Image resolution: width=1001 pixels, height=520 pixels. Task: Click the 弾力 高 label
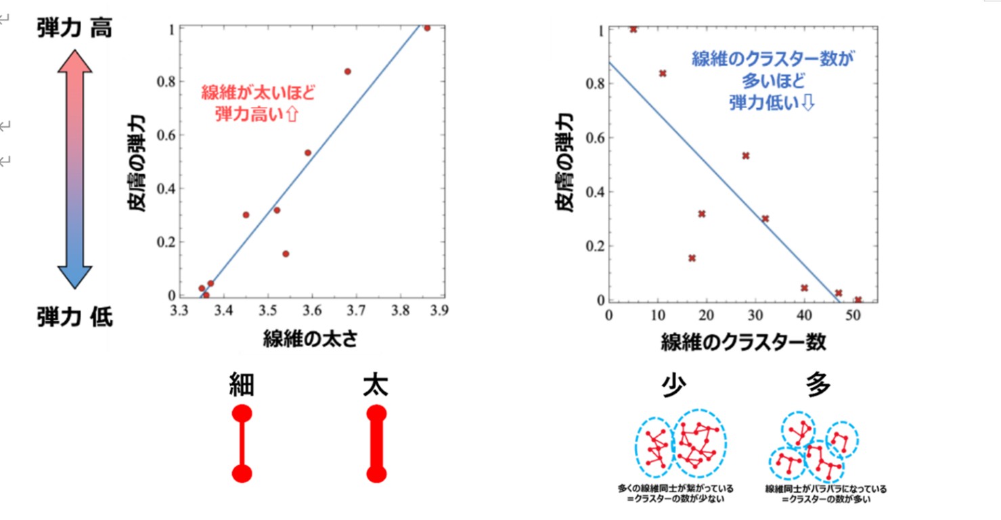tap(74, 28)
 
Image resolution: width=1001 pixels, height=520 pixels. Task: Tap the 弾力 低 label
tap(74, 317)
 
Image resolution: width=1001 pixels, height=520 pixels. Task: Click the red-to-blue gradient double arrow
tap(74, 169)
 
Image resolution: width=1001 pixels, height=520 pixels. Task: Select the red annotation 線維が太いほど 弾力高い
tap(258, 103)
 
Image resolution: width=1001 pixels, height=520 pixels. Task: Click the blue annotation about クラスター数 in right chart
tap(773, 80)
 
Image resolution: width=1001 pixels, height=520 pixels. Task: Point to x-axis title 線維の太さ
tap(311, 339)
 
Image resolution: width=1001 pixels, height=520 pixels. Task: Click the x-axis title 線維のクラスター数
tap(743, 342)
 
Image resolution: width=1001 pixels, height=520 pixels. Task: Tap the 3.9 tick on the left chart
tap(439, 310)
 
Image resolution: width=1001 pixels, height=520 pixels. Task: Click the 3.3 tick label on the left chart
tap(179, 310)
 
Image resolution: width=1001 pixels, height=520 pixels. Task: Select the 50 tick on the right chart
tap(853, 316)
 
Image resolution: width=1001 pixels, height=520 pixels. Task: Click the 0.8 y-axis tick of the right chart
tap(595, 83)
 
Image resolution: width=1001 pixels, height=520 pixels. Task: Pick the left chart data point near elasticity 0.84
tap(348, 72)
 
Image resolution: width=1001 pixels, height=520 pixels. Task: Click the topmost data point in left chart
tap(427, 28)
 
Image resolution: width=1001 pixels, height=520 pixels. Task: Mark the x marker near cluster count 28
tap(746, 156)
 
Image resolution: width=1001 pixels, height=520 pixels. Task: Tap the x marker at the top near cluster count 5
tap(633, 30)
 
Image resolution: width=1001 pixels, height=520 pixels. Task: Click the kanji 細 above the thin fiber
tap(242, 385)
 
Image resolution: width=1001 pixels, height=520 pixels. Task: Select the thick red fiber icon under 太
tap(376, 444)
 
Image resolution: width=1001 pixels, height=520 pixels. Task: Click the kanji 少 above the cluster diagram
tap(673, 385)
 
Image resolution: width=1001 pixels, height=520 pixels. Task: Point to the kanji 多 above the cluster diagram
tap(818, 384)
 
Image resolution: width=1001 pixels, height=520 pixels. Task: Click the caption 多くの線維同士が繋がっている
tap(675, 489)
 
